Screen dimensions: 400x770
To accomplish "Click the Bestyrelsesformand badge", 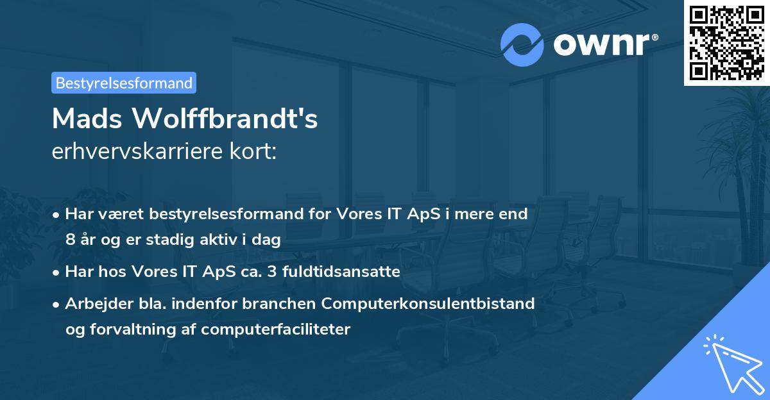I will tap(123, 83).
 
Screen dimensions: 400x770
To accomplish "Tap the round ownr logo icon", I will tap(522, 44).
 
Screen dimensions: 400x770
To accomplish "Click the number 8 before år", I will tap(70, 240).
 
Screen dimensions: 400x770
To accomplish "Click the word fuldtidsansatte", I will tap(348, 272).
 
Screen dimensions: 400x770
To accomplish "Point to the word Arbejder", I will tap(94, 303).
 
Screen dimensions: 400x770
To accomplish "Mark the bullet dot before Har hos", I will tap(57, 272).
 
